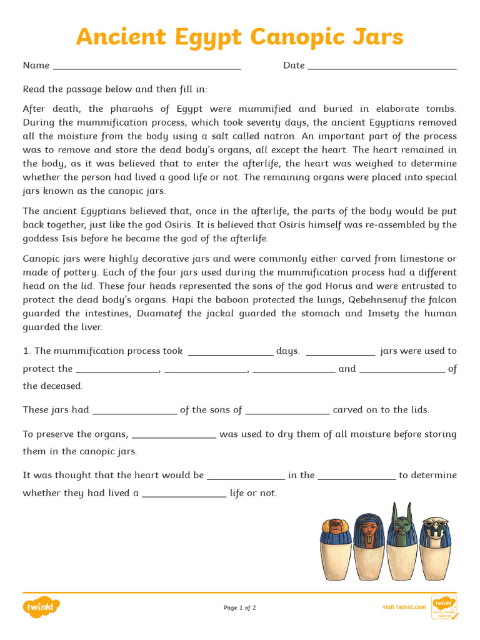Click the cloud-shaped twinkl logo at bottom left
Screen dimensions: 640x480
tap(41, 607)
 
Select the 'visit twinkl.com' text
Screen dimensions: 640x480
tap(404, 607)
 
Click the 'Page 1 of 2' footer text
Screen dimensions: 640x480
tap(240, 607)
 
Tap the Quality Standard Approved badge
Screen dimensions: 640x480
tap(444, 607)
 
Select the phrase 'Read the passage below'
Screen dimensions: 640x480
tap(78, 89)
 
